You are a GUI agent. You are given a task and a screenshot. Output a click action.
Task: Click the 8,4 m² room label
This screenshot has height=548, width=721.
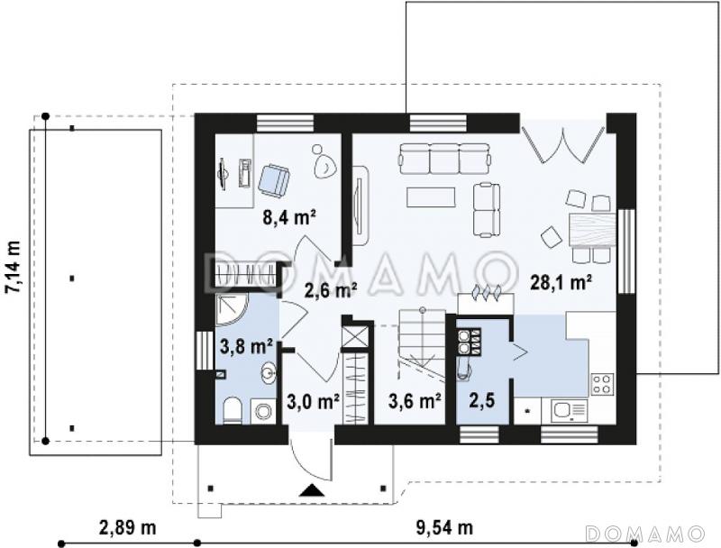(288, 216)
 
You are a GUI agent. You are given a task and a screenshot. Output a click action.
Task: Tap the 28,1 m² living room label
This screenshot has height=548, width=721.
(560, 282)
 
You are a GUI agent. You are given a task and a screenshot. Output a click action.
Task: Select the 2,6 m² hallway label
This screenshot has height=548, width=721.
(331, 290)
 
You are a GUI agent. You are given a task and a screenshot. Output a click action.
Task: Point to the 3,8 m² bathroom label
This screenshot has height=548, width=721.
(246, 347)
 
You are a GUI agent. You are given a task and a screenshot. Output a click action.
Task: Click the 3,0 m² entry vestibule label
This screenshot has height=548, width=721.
(313, 402)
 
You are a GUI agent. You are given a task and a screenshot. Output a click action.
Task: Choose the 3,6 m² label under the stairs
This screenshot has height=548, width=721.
(415, 401)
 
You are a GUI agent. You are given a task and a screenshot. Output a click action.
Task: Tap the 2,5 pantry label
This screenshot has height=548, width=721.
(482, 401)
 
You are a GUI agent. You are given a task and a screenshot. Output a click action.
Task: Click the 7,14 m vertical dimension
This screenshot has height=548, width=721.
(13, 267)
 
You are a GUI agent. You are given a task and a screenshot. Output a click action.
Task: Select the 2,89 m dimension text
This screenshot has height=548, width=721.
(127, 527)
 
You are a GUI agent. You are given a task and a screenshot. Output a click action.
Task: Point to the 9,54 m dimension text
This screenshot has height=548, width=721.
(444, 527)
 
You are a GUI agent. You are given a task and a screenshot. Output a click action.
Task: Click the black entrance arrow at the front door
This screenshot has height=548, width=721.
(312, 490)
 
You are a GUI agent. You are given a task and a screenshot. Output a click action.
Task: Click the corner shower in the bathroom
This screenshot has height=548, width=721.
(232, 309)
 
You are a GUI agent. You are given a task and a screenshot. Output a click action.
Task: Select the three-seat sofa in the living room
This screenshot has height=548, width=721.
(444, 159)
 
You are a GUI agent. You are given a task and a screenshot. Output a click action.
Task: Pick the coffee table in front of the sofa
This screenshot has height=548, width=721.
(431, 197)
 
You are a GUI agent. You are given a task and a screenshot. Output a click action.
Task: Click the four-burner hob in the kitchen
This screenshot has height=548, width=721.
(602, 384)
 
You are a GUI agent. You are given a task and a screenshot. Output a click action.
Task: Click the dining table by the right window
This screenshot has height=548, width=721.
(593, 230)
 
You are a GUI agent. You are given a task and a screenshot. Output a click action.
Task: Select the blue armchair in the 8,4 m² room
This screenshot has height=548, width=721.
(274, 179)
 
